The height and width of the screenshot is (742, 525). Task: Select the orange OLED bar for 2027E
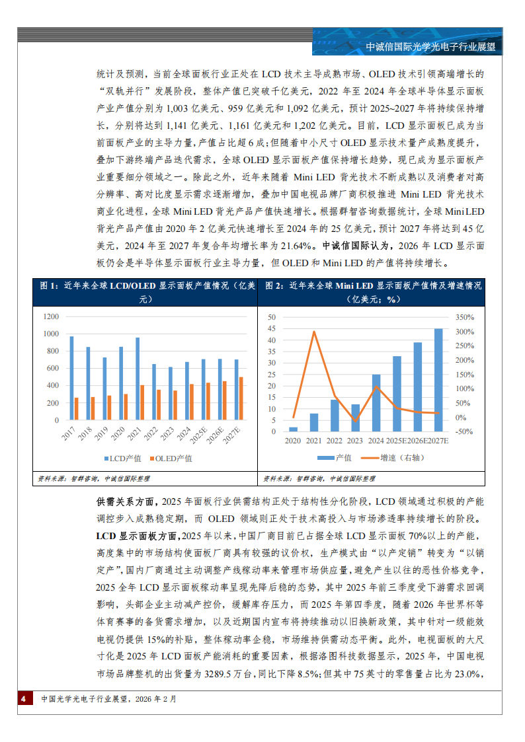pos(241,398)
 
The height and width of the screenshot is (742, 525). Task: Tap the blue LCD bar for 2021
pos(138,379)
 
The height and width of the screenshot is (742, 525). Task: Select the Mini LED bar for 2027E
pos(438,380)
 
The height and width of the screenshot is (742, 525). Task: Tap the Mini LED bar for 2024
pos(376,403)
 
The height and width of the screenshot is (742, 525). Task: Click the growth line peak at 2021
pos(314,332)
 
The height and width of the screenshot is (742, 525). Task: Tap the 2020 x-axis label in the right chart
pos(292,440)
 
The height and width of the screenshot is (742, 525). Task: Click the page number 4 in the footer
pos(23,699)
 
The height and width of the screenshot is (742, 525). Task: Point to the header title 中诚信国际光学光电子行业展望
pos(430,47)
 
